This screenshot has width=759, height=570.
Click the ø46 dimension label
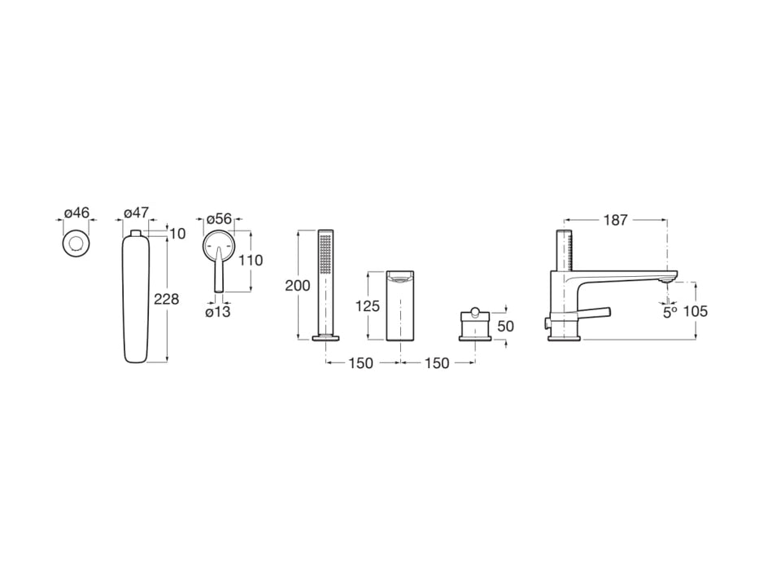pos(76,213)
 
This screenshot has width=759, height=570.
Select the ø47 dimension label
pos(136,213)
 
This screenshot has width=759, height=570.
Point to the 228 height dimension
pos(166,300)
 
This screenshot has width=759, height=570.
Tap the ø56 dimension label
pos(219,219)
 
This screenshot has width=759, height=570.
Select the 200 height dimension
pos(298,285)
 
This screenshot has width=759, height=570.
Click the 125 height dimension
pos(369,306)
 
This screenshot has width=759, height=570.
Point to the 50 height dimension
pos(505,326)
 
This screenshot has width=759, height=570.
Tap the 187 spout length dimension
pos(616,220)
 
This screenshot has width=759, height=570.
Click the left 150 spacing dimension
pos(360,363)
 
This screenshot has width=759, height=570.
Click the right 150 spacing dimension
pos(436,363)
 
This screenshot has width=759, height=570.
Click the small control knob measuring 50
pos(474,326)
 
